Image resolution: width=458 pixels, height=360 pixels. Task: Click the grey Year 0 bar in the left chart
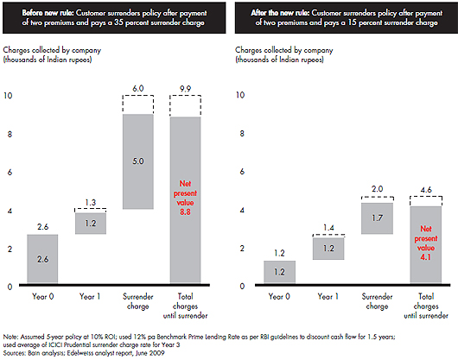pos(42,258)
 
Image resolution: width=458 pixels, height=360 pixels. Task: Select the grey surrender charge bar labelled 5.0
pos(138,161)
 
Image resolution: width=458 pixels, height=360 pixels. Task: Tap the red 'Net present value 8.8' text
pos(185,198)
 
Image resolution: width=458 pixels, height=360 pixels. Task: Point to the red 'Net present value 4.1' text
pos(426,243)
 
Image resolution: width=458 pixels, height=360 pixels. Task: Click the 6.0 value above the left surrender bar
pos(138,88)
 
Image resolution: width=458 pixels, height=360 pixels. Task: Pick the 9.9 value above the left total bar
pos(185,88)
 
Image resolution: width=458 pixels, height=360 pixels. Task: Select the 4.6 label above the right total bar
pos(426,190)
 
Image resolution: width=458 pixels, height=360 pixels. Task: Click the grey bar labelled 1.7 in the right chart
pos(377,218)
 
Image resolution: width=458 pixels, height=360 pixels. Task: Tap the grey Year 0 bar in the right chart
pos(279,272)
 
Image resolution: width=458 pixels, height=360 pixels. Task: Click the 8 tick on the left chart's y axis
pos(10,134)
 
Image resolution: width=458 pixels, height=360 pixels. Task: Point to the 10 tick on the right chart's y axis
pos(240,95)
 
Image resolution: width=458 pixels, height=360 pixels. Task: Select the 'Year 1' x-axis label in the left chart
pos(90,296)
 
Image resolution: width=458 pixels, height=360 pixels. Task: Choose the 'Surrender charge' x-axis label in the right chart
pos(377,301)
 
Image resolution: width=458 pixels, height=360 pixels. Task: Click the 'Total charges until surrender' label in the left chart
pos(185,306)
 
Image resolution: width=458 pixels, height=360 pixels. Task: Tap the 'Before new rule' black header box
pos(114,18)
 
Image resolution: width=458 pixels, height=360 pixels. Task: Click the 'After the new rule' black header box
pos(347,18)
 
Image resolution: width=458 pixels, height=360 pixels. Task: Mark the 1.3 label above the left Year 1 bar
pos(90,202)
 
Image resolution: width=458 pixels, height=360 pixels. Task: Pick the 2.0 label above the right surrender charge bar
pos(377,189)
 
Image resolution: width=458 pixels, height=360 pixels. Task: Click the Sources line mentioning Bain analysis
pos(84,353)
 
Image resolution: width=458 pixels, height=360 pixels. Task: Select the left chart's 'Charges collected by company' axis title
pos(52,54)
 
